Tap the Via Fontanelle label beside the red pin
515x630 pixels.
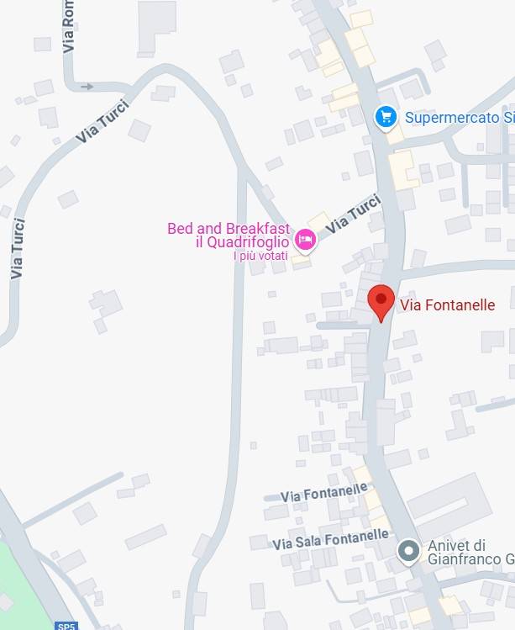(447, 305)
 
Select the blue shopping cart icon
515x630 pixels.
(386, 117)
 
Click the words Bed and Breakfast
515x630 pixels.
(229, 229)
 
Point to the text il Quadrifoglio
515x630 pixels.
(243, 242)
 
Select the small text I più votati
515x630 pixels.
(260, 256)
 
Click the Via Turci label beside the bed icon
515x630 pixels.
(354, 214)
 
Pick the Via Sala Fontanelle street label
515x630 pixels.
(330, 539)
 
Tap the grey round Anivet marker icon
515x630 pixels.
(409, 551)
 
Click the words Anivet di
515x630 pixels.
(456, 545)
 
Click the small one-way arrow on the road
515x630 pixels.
(87, 86)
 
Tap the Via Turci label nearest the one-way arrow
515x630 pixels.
(102, 126)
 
